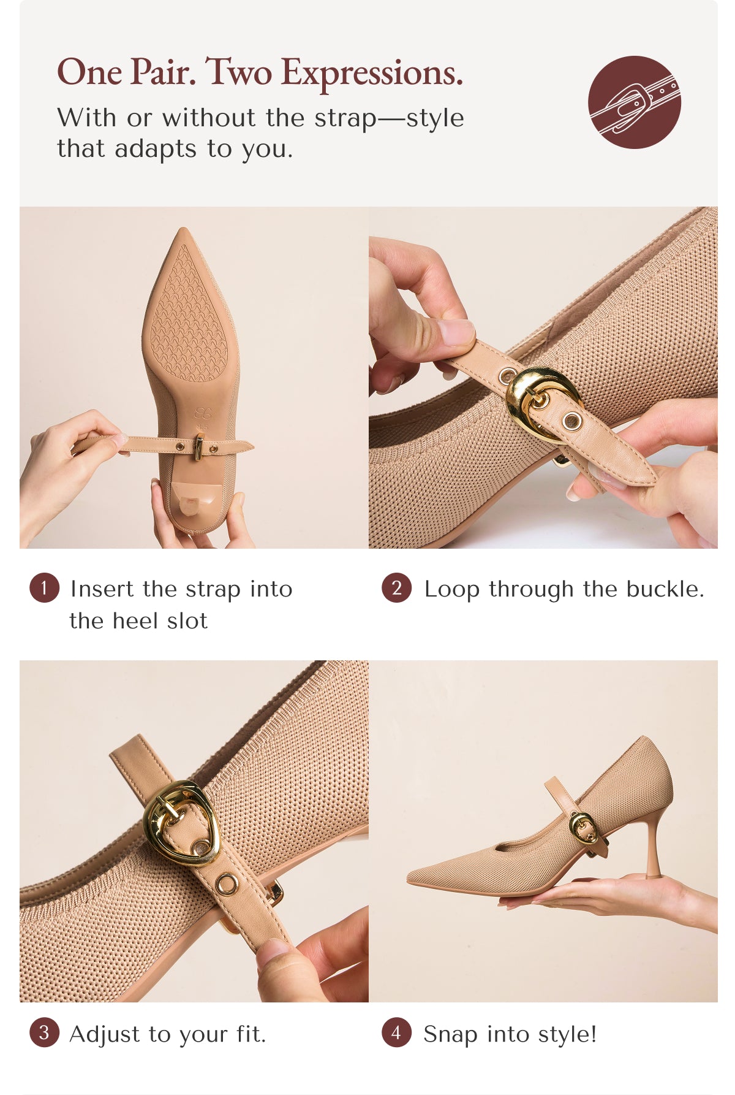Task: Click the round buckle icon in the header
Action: tap(634, 102)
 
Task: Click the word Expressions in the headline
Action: tap(372, 74)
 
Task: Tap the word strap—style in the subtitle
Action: tap(389, 118)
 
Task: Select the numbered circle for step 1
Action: tap(44, 588)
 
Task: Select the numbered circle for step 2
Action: tap(396, 588)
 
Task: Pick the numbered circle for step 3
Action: tap(44, 1032)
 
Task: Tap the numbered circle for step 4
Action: tap(396, 1032)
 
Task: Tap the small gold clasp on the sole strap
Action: tap(199, 448)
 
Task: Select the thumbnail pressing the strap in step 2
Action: tap(456, 333)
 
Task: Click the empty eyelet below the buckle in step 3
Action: tap(227, 885)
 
